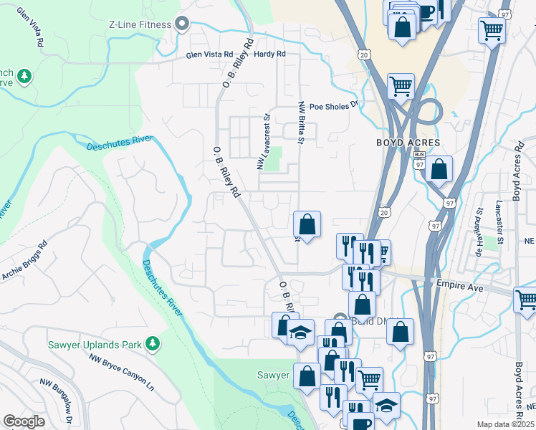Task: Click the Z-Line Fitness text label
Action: pyautogui.click(x=140, y=24)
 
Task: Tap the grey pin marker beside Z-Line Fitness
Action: pyautogui.click(x=182, y=24)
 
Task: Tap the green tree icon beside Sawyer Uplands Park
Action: pyautogui.click(x=152, y=345)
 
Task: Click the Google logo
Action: pyautogui.click(x=24, y=421)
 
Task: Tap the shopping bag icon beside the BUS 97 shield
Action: pyautogui.click(x=439, y=169)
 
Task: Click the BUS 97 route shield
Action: pyautogui.click(x=420, y=160)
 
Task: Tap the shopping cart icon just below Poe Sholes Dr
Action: pyautogui.click(x=401, y=86)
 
